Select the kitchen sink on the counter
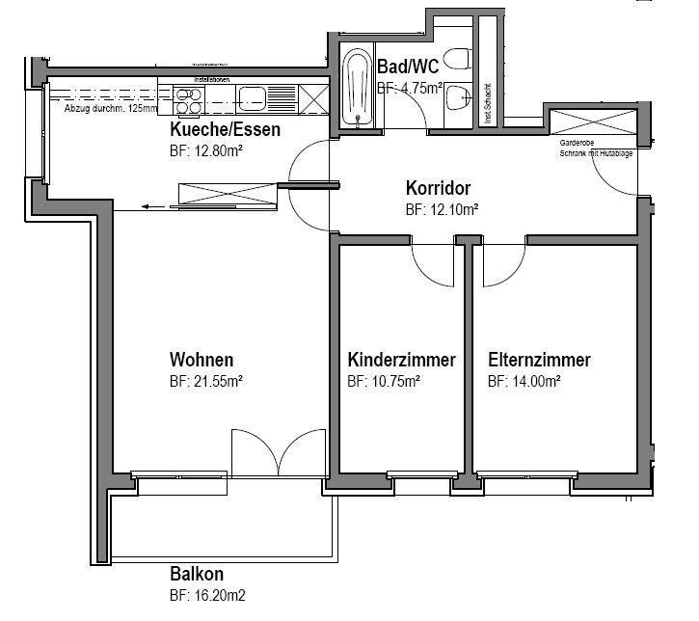point(255,95)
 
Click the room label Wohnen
point(202,360)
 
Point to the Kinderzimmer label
point(401,360)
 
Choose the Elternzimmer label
point(539,360)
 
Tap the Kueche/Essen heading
point(226,130)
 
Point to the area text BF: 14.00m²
point(524,382)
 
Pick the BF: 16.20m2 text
point(208,596)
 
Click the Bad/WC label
point(408,67)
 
